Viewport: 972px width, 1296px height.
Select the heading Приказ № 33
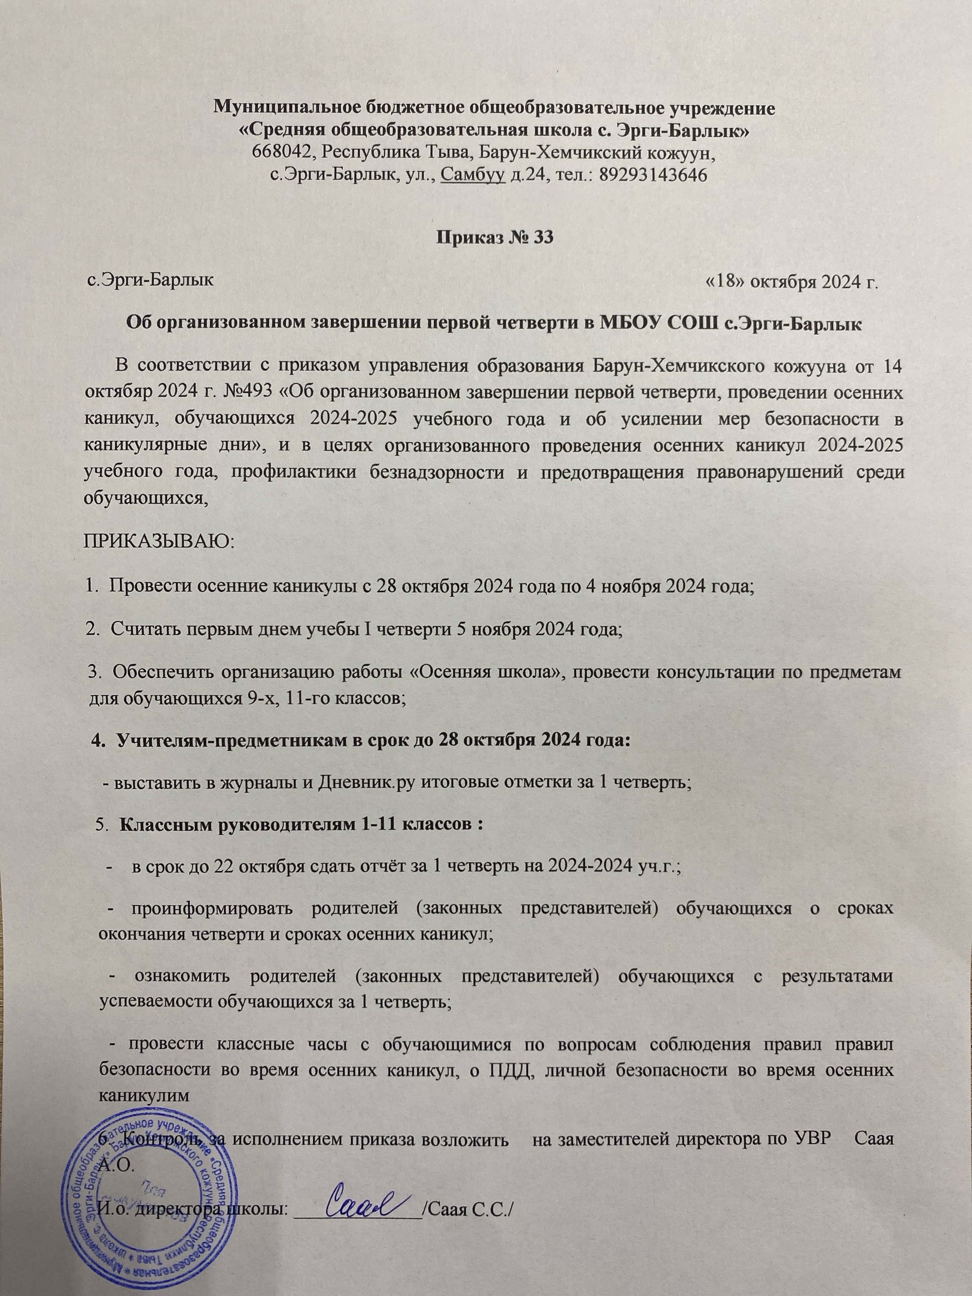click(495, 238)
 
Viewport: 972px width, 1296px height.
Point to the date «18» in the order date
click(725, 282)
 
